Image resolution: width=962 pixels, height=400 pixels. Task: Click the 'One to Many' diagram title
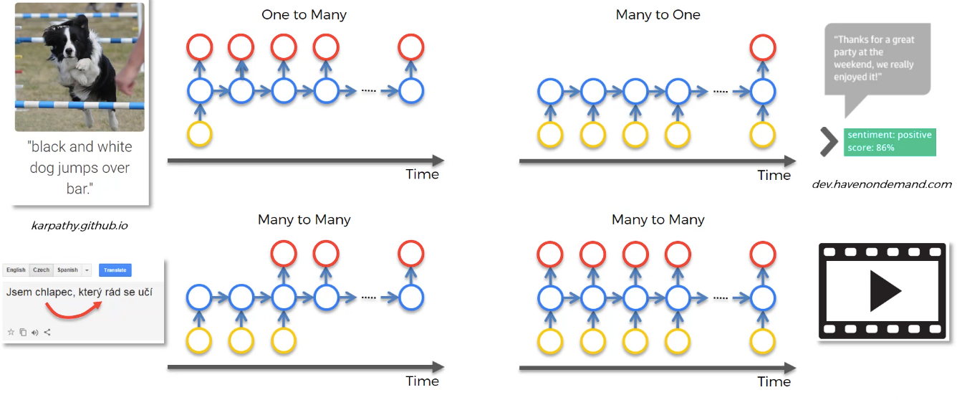coord(304,14)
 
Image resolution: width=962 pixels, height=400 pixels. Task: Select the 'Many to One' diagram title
coord(658,14)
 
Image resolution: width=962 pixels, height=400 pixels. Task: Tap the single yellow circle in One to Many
coord(200,134)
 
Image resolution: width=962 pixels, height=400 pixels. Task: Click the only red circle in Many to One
coord(763,47)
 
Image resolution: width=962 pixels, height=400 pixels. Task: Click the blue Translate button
coord(115,270)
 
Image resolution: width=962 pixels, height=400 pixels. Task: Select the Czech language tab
coord(42,270)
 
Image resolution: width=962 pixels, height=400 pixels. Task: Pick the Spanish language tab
coord(67,270)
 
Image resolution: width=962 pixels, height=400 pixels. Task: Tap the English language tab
coord(16,270)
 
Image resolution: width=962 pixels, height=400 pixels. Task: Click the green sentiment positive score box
coord(890,142)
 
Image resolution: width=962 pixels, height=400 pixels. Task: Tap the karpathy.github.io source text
coord(80,226)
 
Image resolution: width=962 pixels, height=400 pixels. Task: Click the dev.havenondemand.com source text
coord(882,184)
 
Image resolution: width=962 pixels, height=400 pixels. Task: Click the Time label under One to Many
coord(422,174)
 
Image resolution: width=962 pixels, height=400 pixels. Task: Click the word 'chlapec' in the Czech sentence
coord(54,292)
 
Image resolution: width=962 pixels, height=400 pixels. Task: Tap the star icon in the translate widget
coord(11,332)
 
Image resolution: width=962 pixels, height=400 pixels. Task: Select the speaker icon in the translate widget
coord(35,332)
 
